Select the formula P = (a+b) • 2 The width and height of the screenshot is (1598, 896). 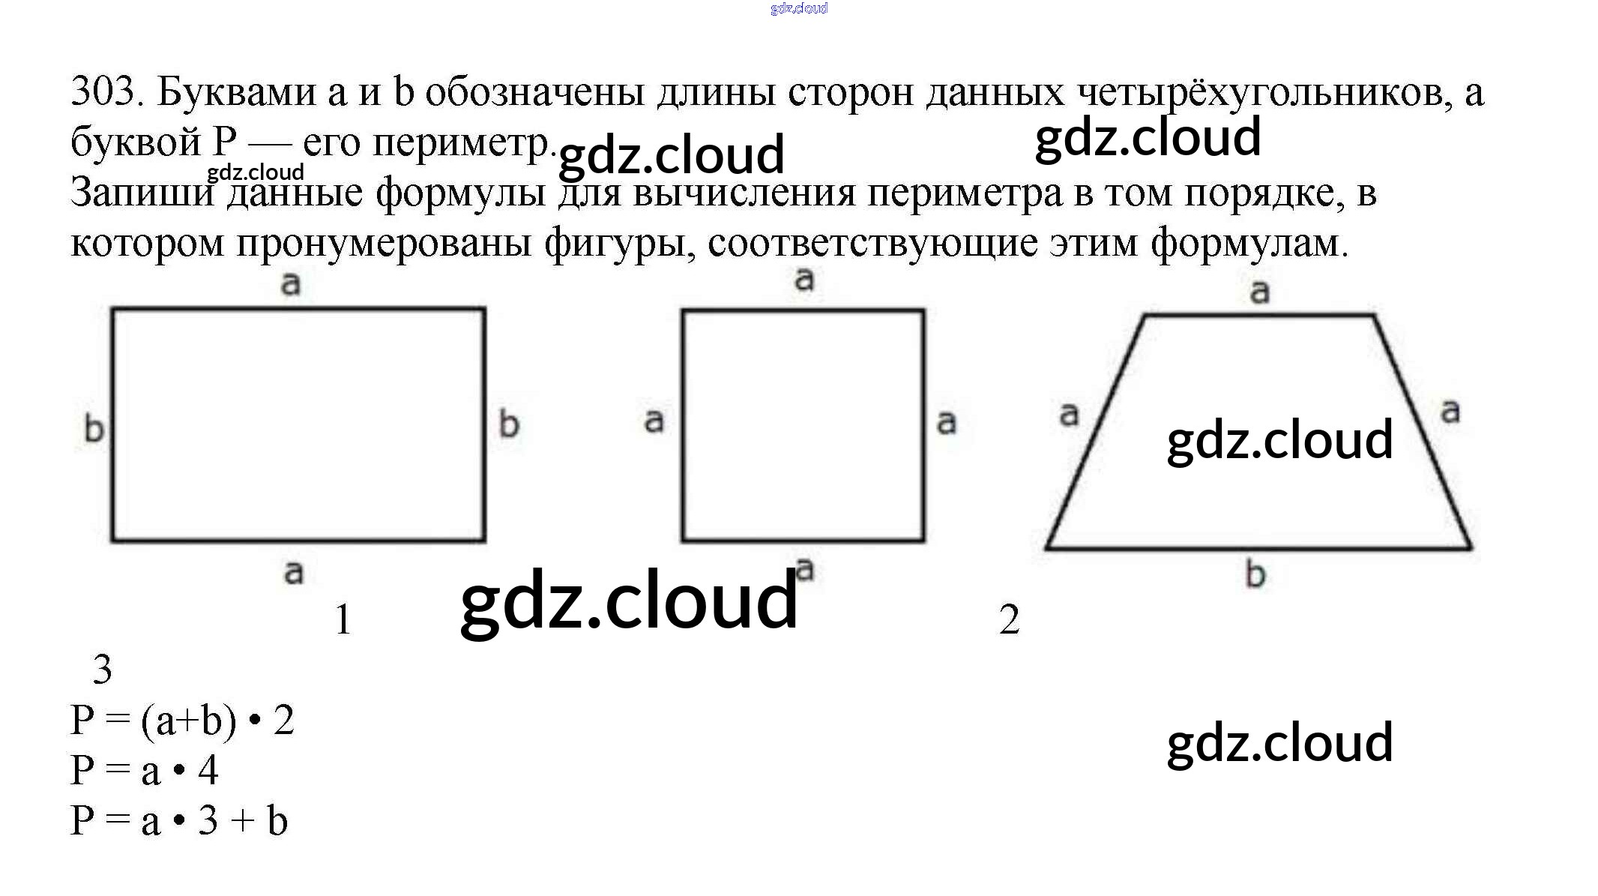182,721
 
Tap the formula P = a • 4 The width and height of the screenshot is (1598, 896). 144,771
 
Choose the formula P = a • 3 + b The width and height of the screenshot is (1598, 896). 179,820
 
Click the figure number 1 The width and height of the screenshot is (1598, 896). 343,620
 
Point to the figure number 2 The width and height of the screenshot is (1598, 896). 1009,620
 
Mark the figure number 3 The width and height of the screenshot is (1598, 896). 102,670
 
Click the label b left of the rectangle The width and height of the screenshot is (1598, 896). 94,429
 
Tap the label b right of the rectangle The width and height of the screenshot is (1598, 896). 509,424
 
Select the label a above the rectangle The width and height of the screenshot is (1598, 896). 291,283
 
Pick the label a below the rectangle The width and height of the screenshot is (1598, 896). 294,572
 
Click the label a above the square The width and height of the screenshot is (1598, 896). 804,280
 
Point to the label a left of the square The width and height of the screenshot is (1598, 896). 654,421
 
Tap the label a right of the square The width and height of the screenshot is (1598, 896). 947,423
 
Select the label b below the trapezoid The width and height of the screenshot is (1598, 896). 1255,575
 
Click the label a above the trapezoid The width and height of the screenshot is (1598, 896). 1260,291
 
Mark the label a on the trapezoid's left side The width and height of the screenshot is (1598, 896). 1069,414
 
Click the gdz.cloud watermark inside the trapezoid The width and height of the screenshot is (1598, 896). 1279,440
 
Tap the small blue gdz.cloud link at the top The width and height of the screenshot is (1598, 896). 799,8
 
